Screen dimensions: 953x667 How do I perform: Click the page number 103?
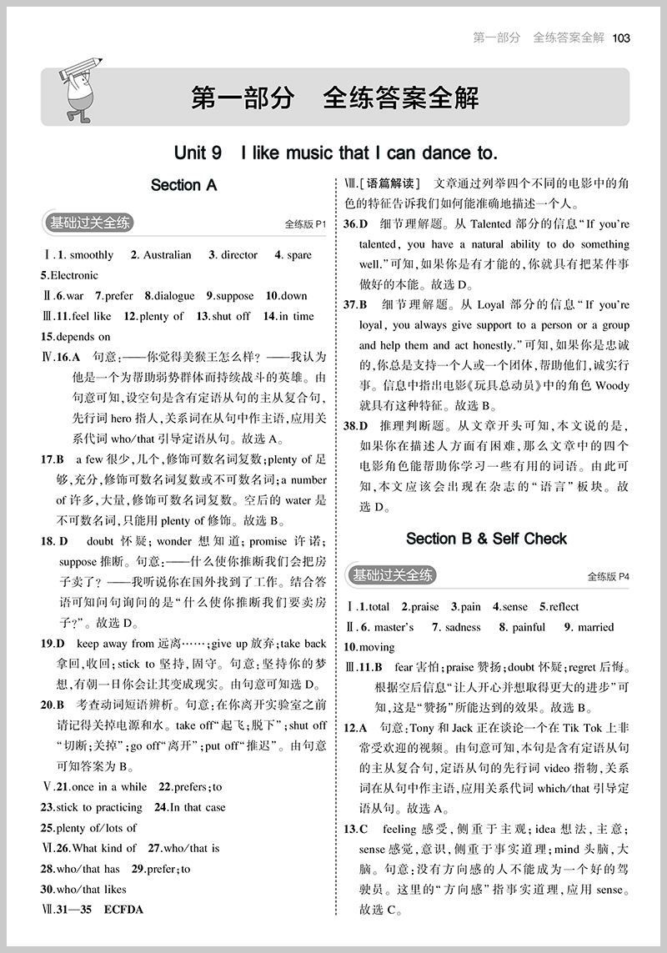click(621, 38)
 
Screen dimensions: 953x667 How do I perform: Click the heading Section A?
click(183, 185)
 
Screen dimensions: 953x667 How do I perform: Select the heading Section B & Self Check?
click(486, 539)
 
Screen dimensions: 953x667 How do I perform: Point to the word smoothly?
click(91, 255)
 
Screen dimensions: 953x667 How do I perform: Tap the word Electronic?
click(74, 275)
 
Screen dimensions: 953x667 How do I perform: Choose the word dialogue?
click(173, 296)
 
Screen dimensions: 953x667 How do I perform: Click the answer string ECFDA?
click(123, 910)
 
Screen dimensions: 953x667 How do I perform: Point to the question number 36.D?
click(356, 224)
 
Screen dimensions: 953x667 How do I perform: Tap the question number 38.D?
click(356, 425)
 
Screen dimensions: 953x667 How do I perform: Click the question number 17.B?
click(52, 459)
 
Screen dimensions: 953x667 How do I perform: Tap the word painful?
click(528, 627)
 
